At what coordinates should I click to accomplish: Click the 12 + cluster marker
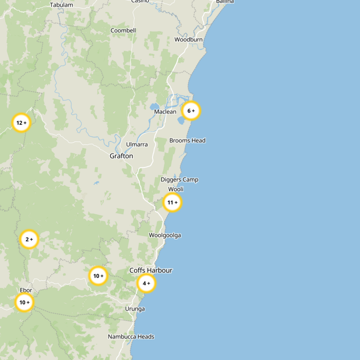point(21,123)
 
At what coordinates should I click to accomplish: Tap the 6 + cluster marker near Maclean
point(191,111)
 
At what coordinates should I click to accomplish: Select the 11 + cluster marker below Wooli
point(172,203)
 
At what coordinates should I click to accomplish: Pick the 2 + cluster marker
point(29,239)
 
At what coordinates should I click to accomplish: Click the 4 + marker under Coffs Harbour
point(146,283)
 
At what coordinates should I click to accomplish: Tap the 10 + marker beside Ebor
point(24,303)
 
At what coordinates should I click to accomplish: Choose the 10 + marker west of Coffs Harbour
point(98,276)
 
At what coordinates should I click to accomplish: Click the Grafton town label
point(121,156)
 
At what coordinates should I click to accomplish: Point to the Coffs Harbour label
point(151,270)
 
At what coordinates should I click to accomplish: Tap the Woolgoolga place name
point(165,235)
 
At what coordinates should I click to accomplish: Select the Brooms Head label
point(187,141)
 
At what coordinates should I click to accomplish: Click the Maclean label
point(165,112)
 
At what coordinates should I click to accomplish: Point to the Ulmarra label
point(137,144)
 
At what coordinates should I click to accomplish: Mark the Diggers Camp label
point(180,180)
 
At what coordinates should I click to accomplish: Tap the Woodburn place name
point(189,40)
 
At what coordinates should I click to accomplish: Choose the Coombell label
point(123,31)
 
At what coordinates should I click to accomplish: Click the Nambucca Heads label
point(131,337)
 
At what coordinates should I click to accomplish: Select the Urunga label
point(135,309)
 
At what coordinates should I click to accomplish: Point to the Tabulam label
point(61,5)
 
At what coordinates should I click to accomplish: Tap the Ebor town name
point(26,290)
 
